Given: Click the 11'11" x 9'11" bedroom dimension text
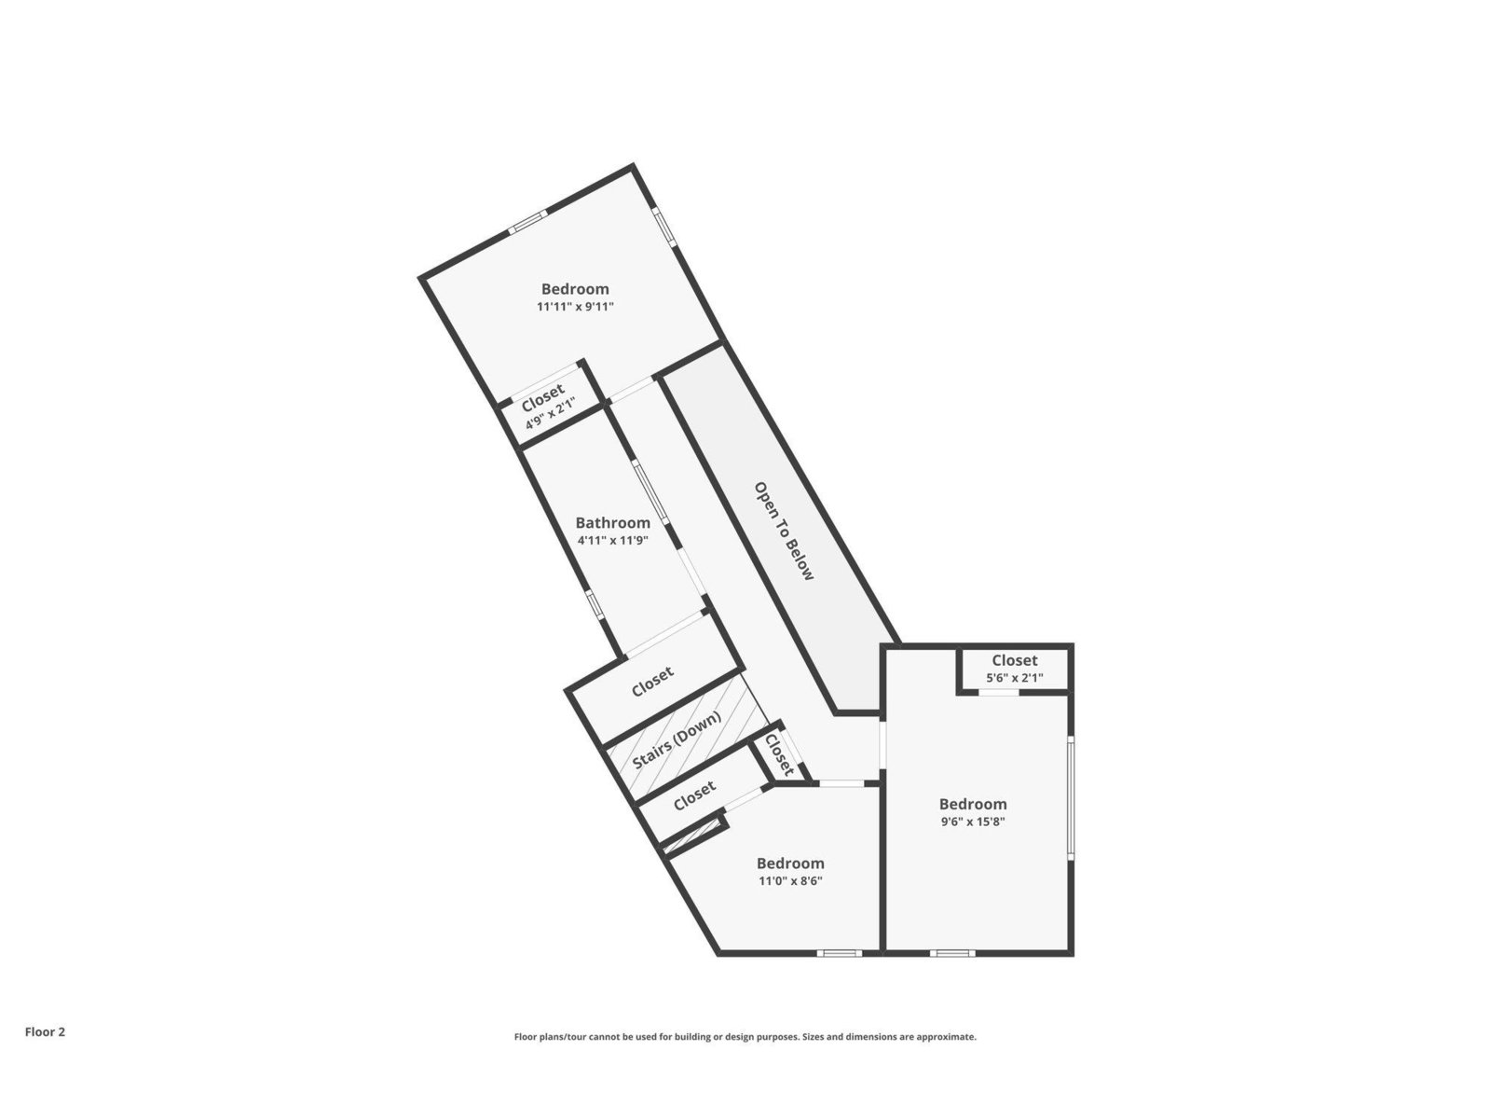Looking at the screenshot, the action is click(x=575, y=307).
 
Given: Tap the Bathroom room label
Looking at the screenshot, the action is click(x=612, y=522).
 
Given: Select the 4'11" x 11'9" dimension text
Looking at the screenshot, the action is click(x=612, y=541).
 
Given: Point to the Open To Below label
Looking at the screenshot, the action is click(x=783, y=532).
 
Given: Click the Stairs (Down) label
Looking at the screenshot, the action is click(x=677, y=739).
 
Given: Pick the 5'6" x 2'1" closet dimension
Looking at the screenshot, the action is click(x=1014, y=677).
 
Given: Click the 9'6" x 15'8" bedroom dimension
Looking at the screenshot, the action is click(x=972, y=821).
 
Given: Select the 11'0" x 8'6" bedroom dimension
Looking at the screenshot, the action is click(x=790, y=880).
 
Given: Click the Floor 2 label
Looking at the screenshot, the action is click(x=45, y=1031).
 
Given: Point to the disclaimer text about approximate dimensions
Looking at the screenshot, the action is click(x=745, y=1037).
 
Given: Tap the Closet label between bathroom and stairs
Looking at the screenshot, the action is click(x=652, y=682).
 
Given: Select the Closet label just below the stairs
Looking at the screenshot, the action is click(x=694, y=795).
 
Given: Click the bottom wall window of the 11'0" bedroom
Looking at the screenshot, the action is click(x=839, y=952).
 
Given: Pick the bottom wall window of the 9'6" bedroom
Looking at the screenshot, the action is click(x=952, y=952).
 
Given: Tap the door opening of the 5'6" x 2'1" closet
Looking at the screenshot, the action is click(x=999, y=692).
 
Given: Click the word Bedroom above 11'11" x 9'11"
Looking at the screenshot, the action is click(x=575, y=289).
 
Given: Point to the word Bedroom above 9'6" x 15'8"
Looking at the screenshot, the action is click(x=973, y=804).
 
